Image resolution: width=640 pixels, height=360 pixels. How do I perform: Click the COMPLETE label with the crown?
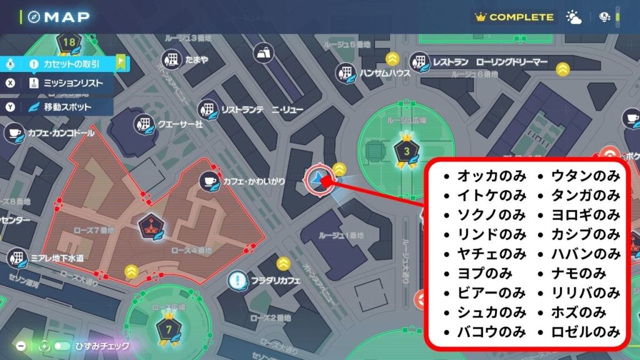pos(514,17)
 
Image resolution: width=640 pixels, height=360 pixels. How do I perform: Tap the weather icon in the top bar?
pos(573,17)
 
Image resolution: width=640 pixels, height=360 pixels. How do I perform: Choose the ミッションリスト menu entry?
pos(73,83)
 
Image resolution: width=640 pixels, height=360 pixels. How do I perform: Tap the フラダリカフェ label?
pos(276,281)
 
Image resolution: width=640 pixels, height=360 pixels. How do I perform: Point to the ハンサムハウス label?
pos(384,73)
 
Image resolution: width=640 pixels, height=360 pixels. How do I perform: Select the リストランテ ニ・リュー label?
pos(262,110)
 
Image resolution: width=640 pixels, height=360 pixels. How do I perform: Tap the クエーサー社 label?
pos(181,124)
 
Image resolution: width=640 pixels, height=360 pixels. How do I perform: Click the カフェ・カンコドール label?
pos(60,133)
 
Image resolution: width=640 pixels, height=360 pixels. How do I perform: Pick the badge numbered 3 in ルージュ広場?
pos(407,151)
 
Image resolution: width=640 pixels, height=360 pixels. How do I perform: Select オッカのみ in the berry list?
pos(491,176)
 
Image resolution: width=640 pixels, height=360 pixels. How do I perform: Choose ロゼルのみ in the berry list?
pos(586,331)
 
